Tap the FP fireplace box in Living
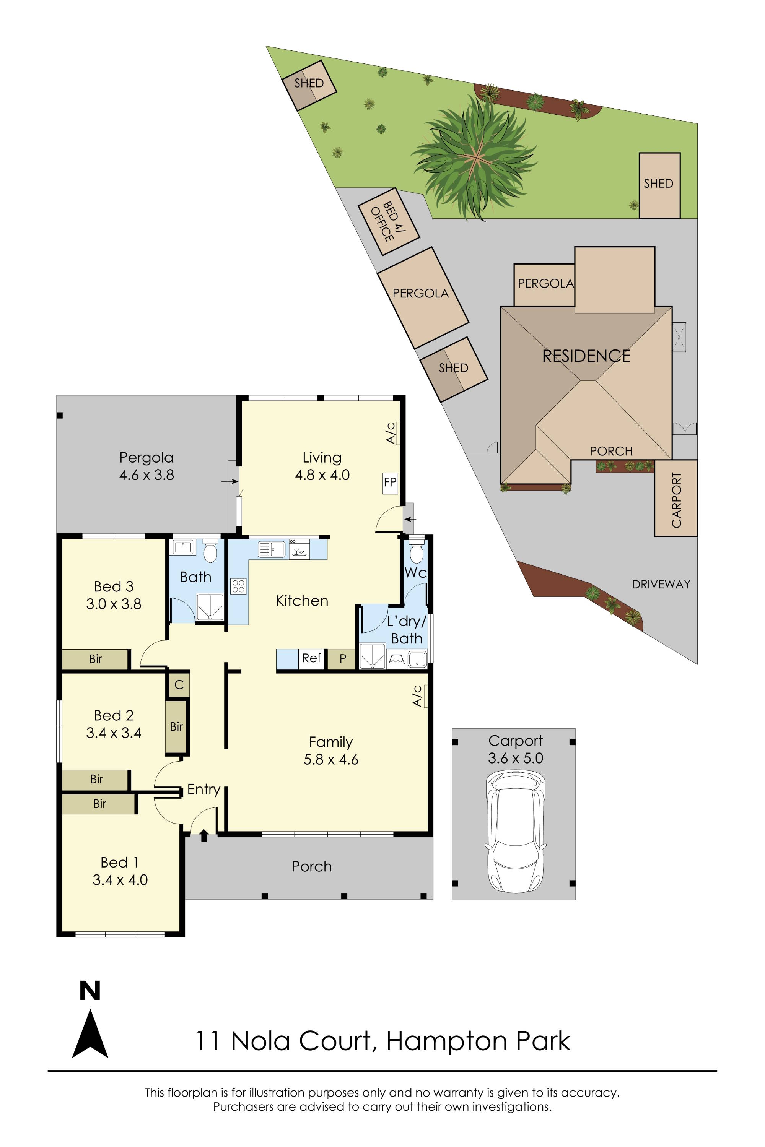click(390, 483)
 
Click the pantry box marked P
click(342, 659)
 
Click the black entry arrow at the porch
click(204, 835)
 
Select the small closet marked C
click(179, 685)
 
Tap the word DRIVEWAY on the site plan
click(661, 584)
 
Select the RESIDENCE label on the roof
click(586, 356)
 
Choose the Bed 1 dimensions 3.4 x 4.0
click(120, 880)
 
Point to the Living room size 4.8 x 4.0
click(322, 474)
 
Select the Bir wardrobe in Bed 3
click(96, 659)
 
